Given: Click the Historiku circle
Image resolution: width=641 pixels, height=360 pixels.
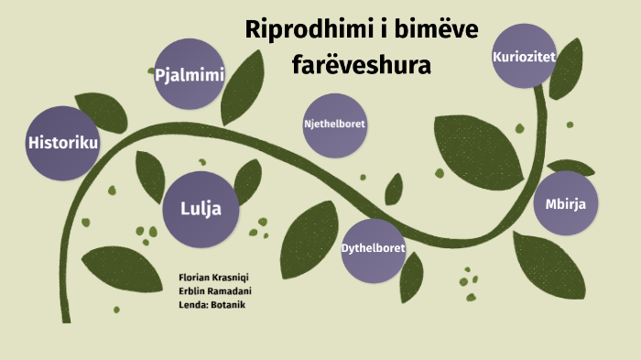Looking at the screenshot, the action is click(x=62, y=143).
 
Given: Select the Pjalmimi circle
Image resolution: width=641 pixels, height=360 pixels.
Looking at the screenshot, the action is click(x=190, y=74).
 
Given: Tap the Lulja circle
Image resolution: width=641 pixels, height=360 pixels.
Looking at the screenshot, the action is click(x=199, y=208).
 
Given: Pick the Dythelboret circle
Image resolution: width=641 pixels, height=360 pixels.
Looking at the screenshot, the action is click(x=373, y=248).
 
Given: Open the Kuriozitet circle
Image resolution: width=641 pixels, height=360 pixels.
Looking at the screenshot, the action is click(x=525, y=57).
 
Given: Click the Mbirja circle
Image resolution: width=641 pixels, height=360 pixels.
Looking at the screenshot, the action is click(x=565, y=203).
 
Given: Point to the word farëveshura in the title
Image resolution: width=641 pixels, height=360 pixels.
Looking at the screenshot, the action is click(x=361, y=64).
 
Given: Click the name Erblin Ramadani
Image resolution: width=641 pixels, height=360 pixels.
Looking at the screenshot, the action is click(x=215, y=291).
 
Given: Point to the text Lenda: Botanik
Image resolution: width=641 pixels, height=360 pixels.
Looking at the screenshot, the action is click(x=212, y=305).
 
